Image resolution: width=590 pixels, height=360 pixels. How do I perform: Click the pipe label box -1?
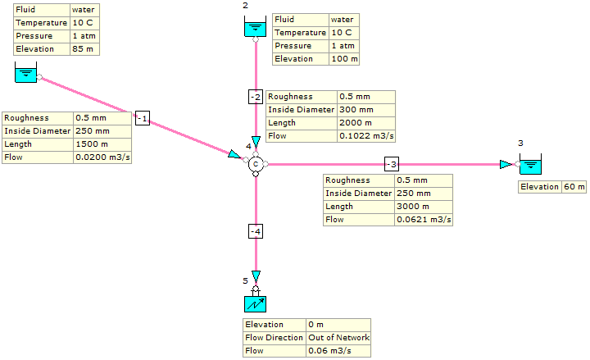tap(142, 119)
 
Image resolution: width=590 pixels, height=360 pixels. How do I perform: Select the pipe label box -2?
tap(256, 97)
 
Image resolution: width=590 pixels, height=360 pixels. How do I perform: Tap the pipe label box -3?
tap(392, 163)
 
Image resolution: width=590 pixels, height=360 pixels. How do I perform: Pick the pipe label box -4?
tap(256, 232)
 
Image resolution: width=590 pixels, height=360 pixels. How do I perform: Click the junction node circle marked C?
tap(256, 164)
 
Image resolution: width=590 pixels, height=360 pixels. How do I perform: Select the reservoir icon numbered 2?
tap(256, 30)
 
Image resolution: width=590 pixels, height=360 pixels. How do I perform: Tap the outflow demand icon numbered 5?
tap(256, 304)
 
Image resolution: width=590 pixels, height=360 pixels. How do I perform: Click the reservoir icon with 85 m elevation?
tap(26, 75)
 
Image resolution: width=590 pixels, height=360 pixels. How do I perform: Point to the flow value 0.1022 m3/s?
tap(359, 135)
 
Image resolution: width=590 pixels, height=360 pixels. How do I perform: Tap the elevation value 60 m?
tap(574, 187)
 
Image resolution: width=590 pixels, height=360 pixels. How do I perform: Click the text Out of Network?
tap(338, 337)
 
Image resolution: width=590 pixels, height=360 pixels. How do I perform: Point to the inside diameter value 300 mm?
tap(356, 109)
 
